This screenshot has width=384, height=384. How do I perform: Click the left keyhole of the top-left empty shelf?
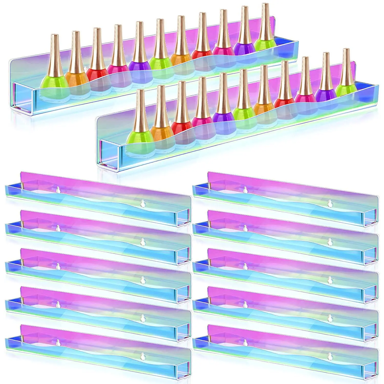[x=58, y=190]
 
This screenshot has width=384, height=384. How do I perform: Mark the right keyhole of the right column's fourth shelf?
[x=330, y=317]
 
